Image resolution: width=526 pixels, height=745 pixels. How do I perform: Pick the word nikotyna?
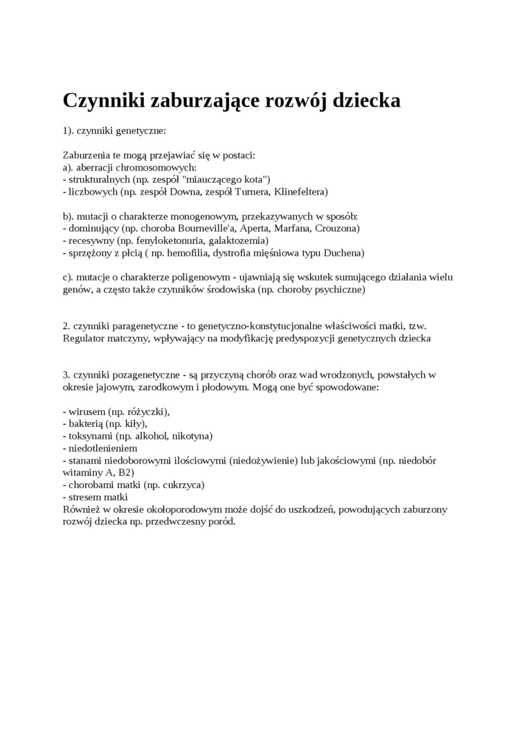(x=191, y=436)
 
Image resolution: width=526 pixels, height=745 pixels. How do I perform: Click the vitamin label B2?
(x=126, y=473)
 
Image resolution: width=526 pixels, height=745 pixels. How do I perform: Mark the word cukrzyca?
(x=183, y=485)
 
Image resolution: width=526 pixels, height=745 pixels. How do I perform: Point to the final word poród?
(x=221, y=522)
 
